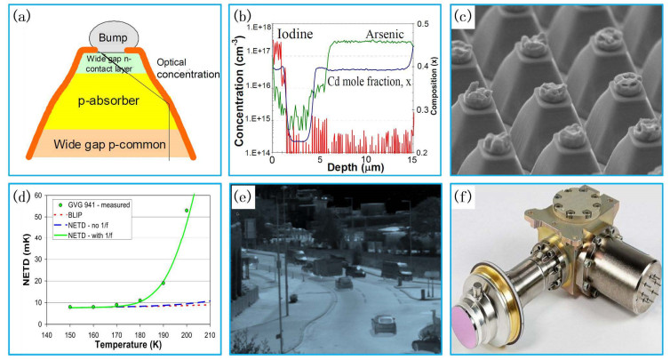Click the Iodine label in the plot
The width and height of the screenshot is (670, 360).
click(294, 35)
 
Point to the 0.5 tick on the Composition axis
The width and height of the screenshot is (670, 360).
click(424, 22)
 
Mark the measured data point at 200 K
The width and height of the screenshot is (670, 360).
click(186, 211)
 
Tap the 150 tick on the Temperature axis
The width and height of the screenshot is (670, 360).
click(69, 324)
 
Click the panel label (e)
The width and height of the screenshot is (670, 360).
click(246, 196)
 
